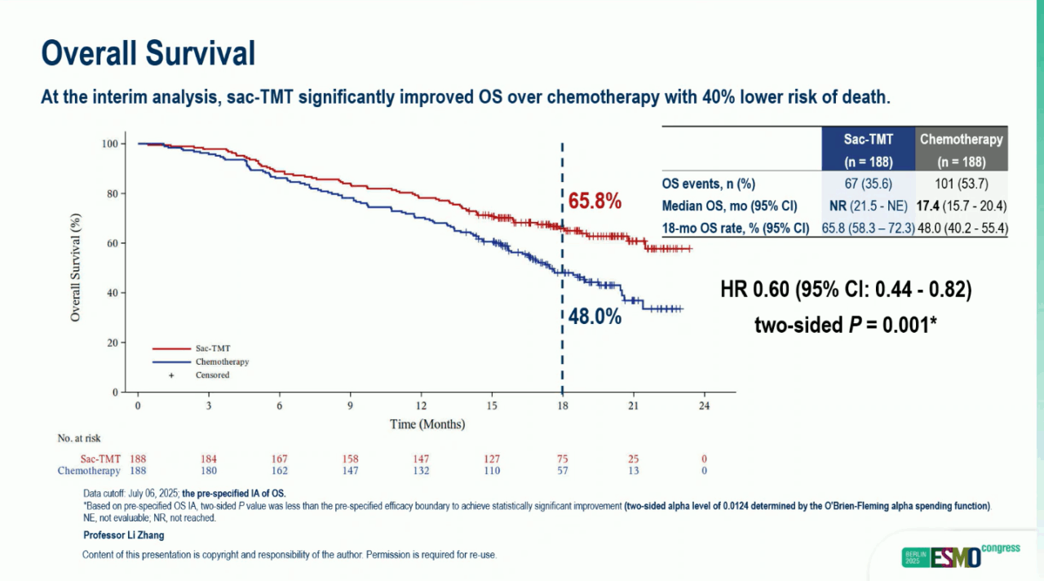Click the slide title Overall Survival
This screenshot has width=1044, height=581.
pos(148,53)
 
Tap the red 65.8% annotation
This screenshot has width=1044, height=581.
pos(595,202)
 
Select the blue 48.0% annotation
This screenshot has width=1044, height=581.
pos(595,317)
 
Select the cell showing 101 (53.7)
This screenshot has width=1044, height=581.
pos(961,184)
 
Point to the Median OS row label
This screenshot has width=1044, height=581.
pos(729,206)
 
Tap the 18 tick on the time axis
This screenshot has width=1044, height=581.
pos(562,406)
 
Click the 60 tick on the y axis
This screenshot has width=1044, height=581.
pos(111,243)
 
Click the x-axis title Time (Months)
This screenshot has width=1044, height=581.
pos(427,424)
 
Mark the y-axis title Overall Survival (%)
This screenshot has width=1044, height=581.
pos(75,267)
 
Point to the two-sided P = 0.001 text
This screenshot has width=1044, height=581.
pos(845,325)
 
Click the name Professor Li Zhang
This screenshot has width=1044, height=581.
pos(124,535)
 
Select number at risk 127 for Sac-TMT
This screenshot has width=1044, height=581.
pos(491,459)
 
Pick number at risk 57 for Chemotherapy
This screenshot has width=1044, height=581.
pos(562,471)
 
